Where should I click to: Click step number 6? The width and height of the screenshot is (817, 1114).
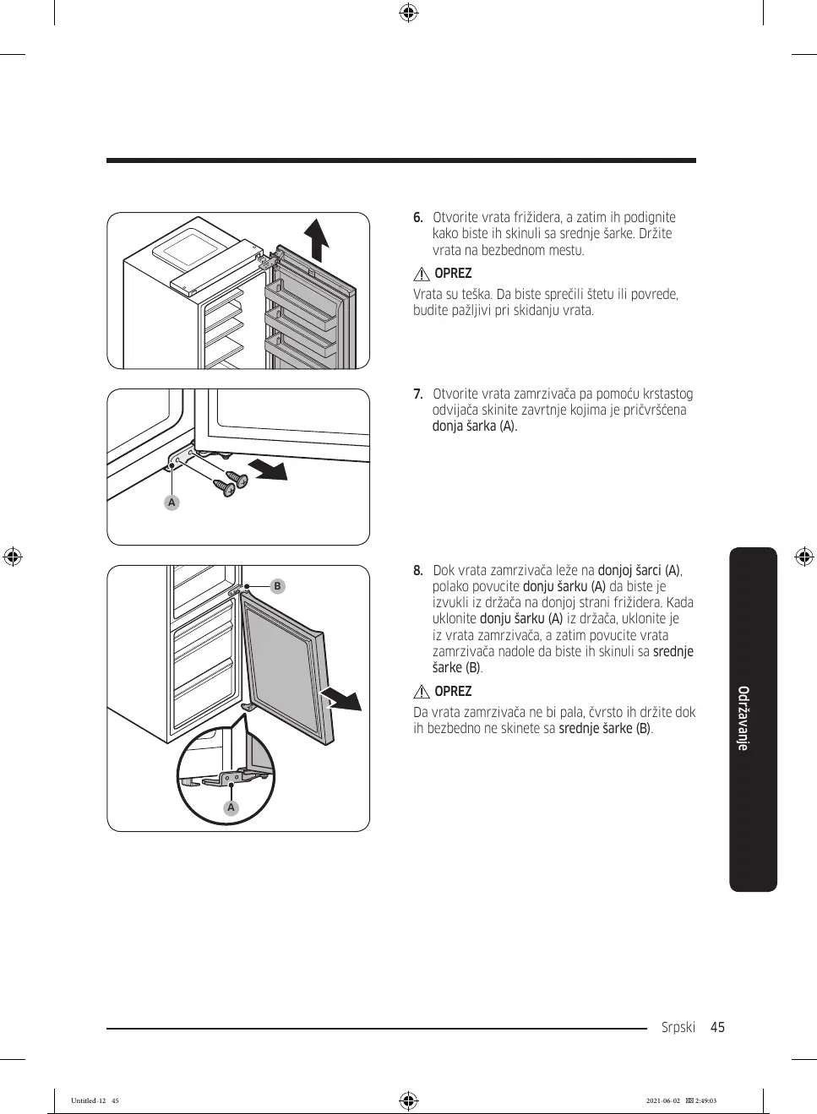click(x=417, y=218)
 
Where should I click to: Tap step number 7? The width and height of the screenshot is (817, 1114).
click(x=417, y=394)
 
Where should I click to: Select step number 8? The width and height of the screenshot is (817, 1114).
click(x=417, y=571)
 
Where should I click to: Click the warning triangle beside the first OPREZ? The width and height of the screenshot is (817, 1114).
click(x=422, y=274)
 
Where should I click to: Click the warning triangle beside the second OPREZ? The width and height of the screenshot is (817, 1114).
click(x=422, y=692)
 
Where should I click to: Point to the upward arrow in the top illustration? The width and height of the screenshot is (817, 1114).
click(x=318, y=238)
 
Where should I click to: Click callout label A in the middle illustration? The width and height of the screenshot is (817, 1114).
click(x=172, y=503)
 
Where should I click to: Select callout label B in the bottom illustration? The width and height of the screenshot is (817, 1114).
click(x=277, y=586)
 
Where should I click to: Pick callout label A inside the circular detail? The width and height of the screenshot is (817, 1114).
click(x=231, y=807)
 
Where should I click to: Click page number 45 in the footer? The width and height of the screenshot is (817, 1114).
click(x=717, y=1028)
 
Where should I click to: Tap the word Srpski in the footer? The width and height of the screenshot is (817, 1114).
click(x=678, y=1028)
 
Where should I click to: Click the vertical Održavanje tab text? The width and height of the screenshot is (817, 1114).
click(x=743, y=718)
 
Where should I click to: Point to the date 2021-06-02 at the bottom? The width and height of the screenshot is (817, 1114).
click(x=662, y=1100)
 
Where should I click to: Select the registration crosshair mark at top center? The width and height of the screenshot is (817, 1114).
click(x=408, y=13)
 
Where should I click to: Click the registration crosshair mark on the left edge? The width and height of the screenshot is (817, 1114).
click(x=12, y=557)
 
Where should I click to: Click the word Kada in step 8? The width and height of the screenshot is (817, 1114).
click(x=679, y=603)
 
